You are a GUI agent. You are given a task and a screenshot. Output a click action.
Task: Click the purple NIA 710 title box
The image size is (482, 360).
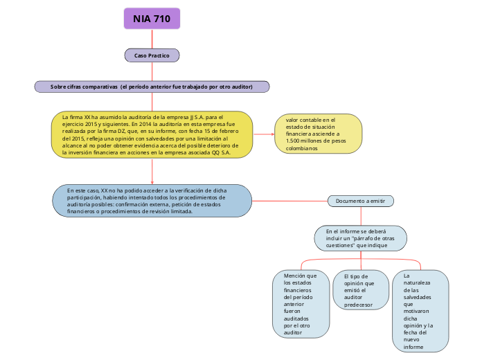coord(152,19)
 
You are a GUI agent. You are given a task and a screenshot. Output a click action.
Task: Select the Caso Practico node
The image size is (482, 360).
coord(152,55)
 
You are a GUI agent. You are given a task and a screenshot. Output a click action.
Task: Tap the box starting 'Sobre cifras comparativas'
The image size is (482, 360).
coord(152,87)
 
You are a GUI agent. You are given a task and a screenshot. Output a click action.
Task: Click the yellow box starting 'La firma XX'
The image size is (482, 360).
coord(152,135)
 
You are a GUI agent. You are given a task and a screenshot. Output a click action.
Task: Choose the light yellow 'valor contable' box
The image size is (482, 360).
coord(319,134)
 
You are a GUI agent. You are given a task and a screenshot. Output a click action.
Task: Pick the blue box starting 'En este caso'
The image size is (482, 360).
coord(152,201)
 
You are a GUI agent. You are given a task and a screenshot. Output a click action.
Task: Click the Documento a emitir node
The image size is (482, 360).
coord(360,201)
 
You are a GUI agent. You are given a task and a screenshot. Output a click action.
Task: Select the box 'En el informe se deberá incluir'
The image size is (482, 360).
coord(360,237)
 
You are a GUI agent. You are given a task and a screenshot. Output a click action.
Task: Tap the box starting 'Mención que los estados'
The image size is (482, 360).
coord(301,304)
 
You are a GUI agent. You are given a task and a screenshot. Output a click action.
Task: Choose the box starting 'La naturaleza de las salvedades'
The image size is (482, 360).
coord(420,311)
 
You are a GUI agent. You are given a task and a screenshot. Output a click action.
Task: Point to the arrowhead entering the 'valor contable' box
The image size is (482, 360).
coord(272,134)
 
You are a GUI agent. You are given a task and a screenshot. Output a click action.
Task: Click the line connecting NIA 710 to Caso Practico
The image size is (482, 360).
coord(152,39)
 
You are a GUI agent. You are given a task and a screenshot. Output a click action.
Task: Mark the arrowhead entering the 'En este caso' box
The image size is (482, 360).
coord(152,182)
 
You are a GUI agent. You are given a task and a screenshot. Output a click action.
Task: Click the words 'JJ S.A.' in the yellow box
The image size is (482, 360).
coord(201,118)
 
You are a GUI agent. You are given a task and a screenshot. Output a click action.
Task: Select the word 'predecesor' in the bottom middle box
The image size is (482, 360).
coord(358,305)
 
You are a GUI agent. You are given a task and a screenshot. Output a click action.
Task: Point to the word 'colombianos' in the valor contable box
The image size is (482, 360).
coord(302,148)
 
